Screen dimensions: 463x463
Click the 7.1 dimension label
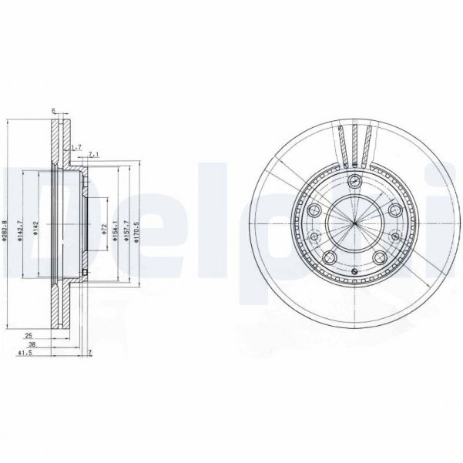(x=92, y=155)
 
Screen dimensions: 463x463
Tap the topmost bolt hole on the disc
(x=354, y=182)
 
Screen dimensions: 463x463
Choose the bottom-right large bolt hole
(x=378, y=257)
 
